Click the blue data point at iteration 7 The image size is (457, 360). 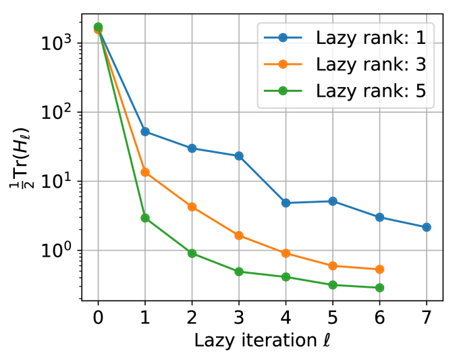pyautogui.click(x=427, y=228)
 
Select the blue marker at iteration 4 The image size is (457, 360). pyautogui.click(x=286, y=203)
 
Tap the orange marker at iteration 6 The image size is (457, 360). pyautogui.click(x=379, y=269)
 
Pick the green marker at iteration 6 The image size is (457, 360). pyautogui.click(x=379, y=288)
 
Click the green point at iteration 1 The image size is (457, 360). pyautogui.click(x=145, y=218)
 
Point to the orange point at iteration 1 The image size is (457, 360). pyautogui.click(x=145, y=172)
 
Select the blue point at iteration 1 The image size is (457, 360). pyautogui.click(x=145, y=132)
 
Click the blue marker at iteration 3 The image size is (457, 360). pyautogui.click(x=239, y=156)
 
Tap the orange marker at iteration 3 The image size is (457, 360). pyautogui.click(x=239, y=236)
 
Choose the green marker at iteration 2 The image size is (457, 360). pyautogui.click(x=192, y=253)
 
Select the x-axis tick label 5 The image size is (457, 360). pyautogui.click(x=333, y=316)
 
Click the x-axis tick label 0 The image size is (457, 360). pyautogui.click(x=99, y=316)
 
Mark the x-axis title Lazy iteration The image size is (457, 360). pyautogui.click(x=263, y=340)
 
